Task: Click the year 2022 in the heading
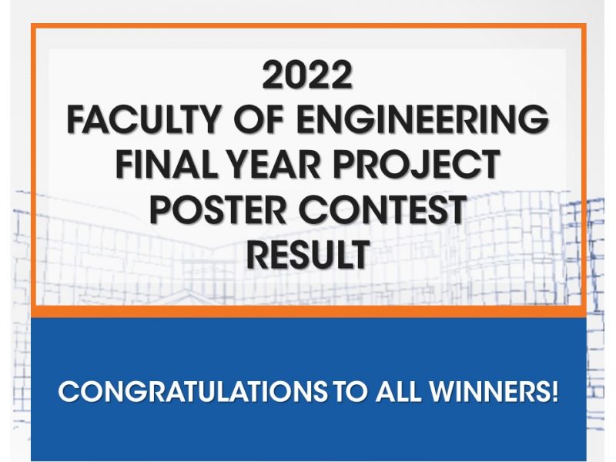tap(307, 75)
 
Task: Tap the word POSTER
tap(218, 209)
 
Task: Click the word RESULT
tap(309, 254)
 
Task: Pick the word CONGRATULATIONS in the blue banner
tap(192, 391)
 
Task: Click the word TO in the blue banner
tap(351, 391)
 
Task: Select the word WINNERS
tap(488, 391)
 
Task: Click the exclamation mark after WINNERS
tap(554, 391)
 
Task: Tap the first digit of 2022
tap(273, 75)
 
